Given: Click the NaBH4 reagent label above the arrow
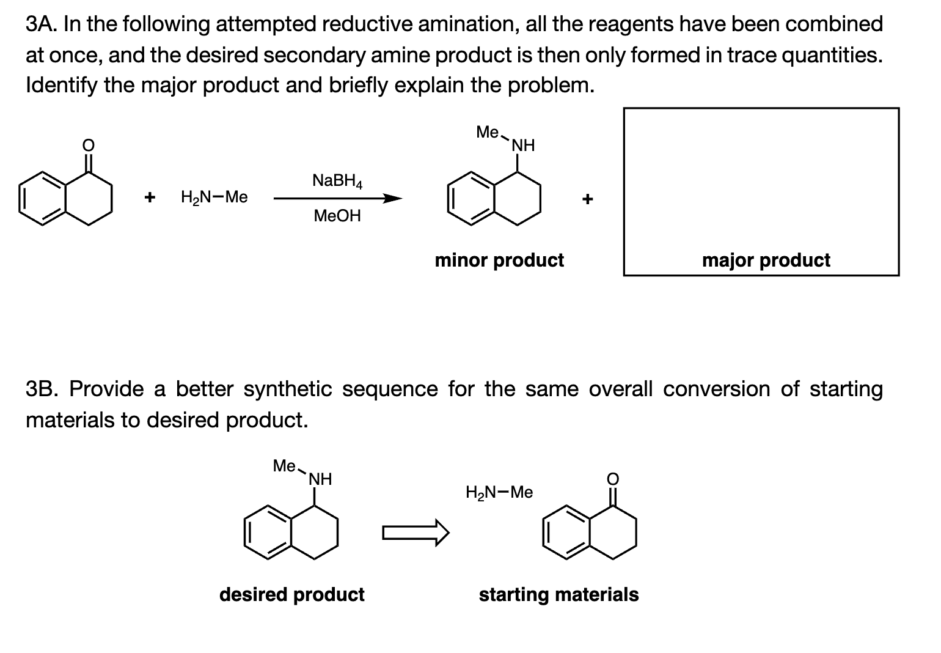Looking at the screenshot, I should pos(337,181).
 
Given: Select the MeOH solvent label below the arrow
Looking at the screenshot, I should pos(337,216).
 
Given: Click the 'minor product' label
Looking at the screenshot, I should pos(499,260).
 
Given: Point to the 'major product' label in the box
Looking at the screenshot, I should pos(766,260).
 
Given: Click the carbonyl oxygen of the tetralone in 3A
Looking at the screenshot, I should pos(89,145).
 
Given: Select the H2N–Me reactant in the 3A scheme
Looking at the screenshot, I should pos(214,197).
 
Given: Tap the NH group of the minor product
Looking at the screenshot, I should pos(523,146).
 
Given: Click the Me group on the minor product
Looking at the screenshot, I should pos(488,132).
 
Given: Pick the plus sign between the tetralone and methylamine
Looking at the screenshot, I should pos(148,197).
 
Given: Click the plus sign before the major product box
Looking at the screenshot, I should pos(587,199).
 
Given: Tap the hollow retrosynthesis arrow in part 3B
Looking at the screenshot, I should pos(416,533).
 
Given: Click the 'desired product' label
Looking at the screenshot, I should pos(291,594).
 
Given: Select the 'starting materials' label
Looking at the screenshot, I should pos(558,594).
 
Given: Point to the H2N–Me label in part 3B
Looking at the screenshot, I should pos(499,492).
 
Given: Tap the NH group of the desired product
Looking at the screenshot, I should pos(320,479).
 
